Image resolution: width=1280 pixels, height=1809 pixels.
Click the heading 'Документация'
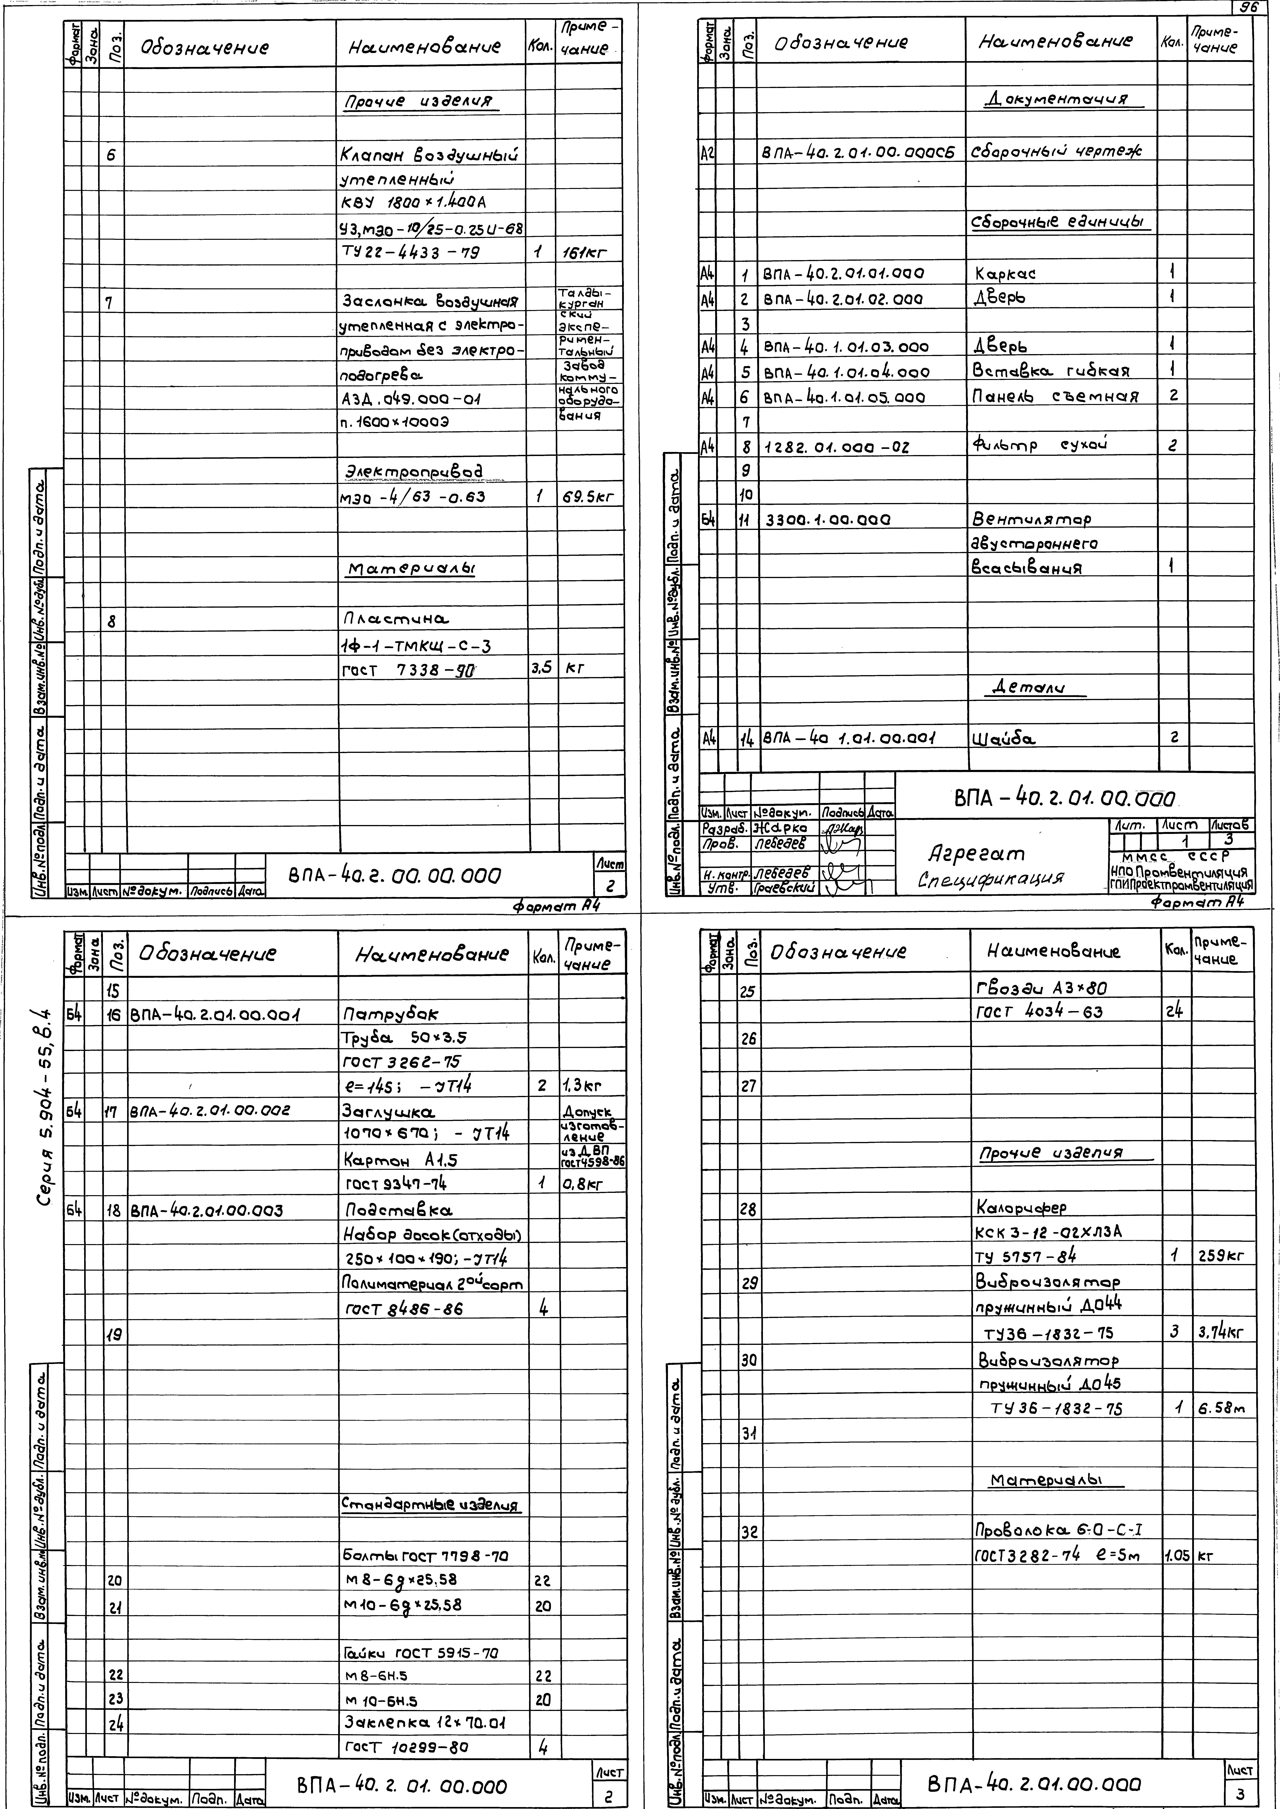pos(1056,99)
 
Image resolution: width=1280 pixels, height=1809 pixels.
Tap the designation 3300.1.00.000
pos(828,520)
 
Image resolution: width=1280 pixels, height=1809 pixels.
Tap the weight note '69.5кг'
pos(586,497)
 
